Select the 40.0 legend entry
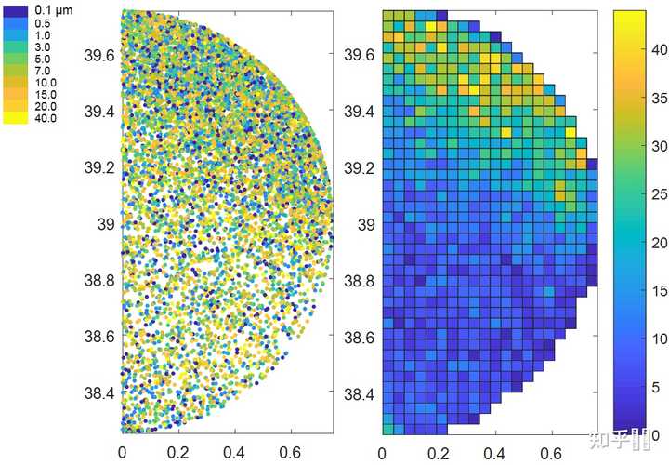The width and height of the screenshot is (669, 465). click(x=46, y=118)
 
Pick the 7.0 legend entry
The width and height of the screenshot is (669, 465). click(x=43, y=70)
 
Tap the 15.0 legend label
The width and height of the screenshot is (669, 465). click(x=46, y=94)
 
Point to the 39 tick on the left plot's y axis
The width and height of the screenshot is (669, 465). click(x=106, y=224)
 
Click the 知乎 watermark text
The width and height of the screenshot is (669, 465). click(x=622, y=436)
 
